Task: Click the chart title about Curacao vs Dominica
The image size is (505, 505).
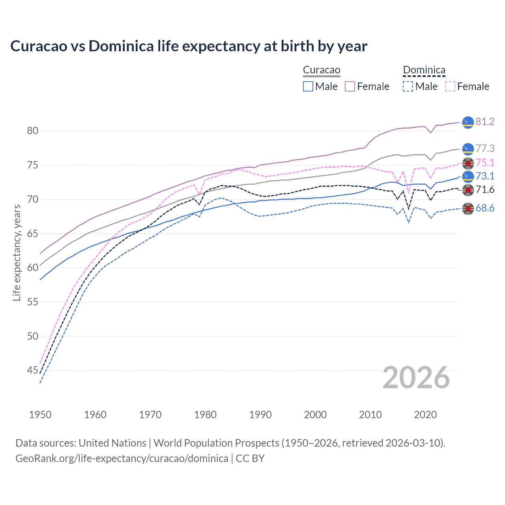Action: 189,46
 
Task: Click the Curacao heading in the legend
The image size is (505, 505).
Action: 322,70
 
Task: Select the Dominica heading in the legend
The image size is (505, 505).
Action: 424,70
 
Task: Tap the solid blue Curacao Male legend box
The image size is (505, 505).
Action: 308,86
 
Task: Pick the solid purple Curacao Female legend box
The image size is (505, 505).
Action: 350,86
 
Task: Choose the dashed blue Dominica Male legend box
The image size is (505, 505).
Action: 408,86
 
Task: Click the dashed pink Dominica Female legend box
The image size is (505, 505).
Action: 450,86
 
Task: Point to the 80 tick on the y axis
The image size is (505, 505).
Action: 33,131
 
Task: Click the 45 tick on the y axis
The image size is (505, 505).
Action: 33,370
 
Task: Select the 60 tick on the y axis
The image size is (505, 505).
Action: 33,268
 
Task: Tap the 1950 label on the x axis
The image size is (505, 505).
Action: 40,415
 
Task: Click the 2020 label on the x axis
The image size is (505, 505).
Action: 425,415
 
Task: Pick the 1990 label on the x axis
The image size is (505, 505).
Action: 260,415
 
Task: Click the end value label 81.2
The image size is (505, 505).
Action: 485,122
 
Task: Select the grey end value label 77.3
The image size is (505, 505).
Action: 485,148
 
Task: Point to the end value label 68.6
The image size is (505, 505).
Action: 485,208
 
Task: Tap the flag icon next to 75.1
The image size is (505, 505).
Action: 468,163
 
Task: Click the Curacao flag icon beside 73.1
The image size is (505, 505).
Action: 468,176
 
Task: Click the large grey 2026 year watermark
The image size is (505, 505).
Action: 416,378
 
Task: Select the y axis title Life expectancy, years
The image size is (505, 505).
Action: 17,252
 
